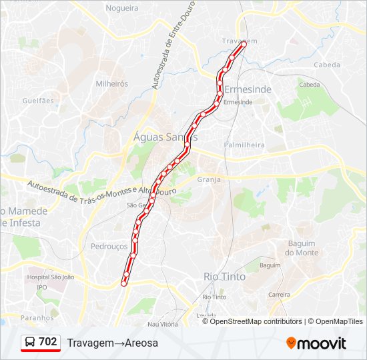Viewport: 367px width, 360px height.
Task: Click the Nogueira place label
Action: (122, 8)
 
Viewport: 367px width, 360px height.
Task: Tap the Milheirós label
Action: (111, 84)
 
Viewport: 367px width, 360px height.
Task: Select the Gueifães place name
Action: (37, 101)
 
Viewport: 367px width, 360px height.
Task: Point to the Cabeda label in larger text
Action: (326, 65)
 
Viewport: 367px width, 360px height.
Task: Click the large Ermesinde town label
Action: (248, 89)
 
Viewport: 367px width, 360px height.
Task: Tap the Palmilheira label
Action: (244, 145)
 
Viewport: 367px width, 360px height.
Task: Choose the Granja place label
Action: (209, 179)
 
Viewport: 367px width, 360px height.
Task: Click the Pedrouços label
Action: (109, 246)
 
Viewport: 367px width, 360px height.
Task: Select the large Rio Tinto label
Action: (224, 276)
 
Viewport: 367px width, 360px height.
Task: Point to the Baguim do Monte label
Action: (302, 248)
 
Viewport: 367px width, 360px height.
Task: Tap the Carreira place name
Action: (279, 294)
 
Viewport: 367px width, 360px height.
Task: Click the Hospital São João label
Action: (50, 277)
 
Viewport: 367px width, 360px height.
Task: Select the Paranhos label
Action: (37, 318)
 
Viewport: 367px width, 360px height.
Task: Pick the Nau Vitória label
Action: (163, 324)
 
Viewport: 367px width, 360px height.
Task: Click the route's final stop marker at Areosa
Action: (124, 284)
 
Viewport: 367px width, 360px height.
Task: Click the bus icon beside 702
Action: (31, 342)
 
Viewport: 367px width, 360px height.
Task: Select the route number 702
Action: (48, 342)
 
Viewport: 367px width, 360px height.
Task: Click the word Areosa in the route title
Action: (141, 343)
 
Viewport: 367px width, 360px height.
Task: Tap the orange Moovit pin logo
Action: (291, 343)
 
